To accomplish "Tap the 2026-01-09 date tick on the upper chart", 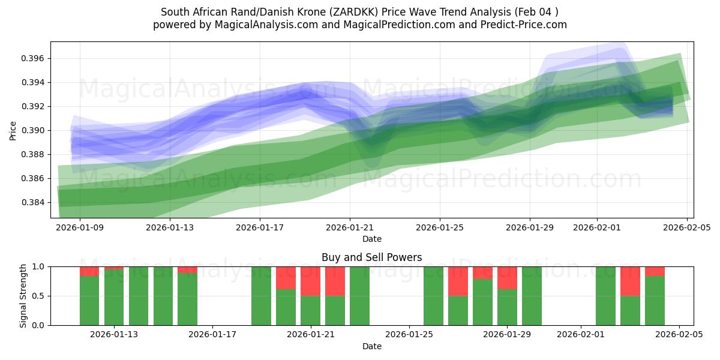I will [x=80, y=227].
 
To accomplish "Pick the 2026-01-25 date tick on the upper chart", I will [x=439, y=227].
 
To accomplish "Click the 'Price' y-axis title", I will [x=13, y=130].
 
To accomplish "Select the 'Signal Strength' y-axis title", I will [x=23, y=296].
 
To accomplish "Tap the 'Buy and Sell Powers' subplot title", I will [x=371, y=257].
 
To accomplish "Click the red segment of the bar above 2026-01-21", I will [x=311, y=281].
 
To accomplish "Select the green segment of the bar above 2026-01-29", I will [x=507, y=307].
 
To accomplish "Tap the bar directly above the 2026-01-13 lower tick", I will [x=114, y=297].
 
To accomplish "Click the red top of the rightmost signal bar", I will [x=655, y=271].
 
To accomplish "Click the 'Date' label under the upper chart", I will [x=371, y=239].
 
